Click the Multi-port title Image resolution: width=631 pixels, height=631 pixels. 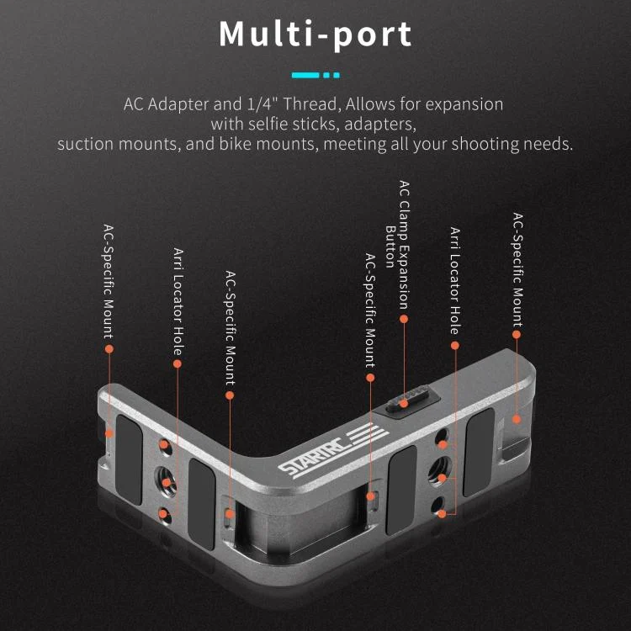[315, 34]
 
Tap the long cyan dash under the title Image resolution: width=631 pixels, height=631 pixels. [305, 75]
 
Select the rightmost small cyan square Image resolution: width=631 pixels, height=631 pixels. [337, 75]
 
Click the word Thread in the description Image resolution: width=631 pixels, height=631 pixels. [310, 104]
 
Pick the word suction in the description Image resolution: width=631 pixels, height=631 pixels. [85, 144]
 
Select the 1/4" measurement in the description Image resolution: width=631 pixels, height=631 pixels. [261, 104]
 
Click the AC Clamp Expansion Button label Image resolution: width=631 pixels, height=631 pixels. [398, 244]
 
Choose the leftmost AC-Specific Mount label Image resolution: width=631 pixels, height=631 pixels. [109, 282]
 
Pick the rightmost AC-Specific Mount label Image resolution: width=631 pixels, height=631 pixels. [517, 269]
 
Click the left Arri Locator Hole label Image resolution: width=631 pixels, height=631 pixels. [178, 302]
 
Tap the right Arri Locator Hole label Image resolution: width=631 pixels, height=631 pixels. [455, 281]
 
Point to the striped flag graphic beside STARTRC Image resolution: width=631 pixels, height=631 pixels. [368, 433]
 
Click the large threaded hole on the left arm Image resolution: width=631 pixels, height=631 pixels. [166, 482]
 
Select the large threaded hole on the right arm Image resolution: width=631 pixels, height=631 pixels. [440, 472]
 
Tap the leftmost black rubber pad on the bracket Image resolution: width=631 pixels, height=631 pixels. [130, 459]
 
